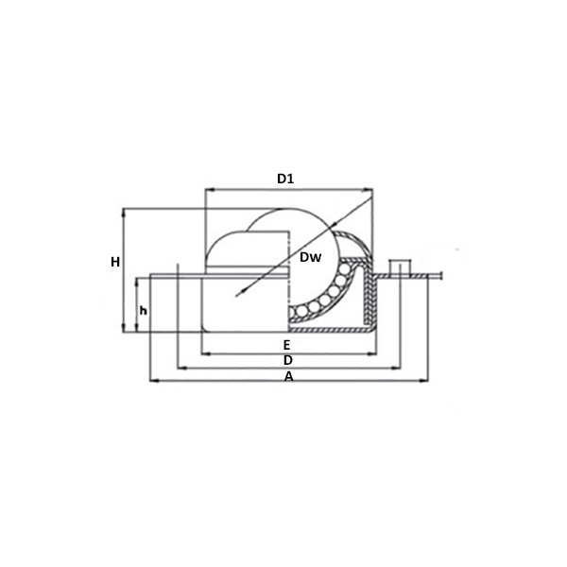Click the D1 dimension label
tap(286, 178)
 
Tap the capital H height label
tap(114, 262)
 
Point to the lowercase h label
tap(143, 310)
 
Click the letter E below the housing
tap(286, 345)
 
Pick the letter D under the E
tap(287, 361)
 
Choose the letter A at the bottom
tap(289, 377)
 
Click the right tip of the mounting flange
tap(441, 277)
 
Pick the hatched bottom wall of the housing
tap(326, 332)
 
